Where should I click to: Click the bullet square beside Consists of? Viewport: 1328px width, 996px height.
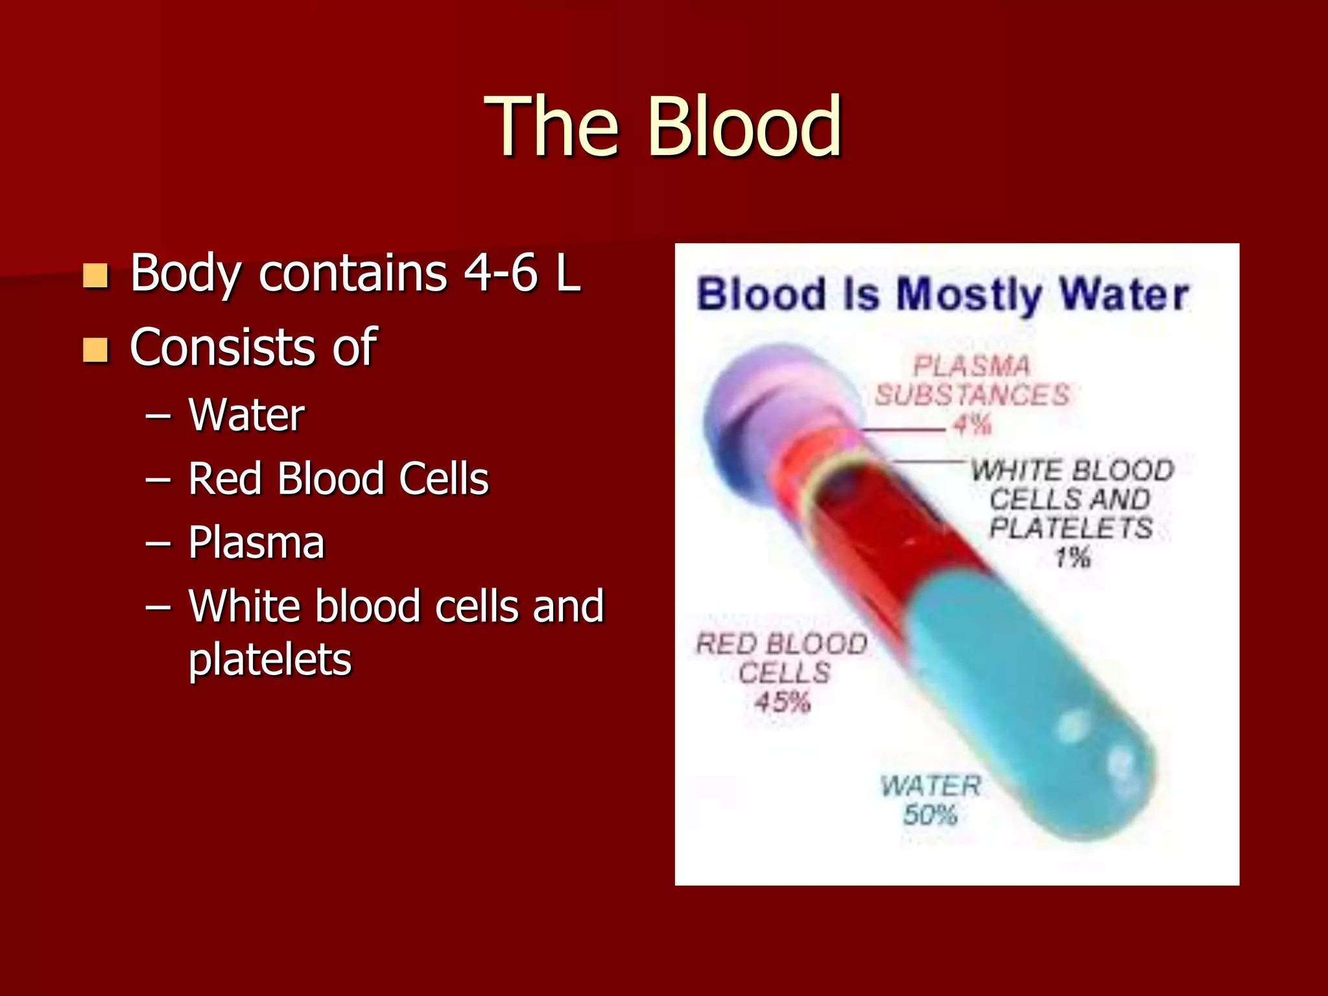point(95,350)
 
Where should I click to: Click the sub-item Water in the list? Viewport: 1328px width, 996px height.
point(246,415)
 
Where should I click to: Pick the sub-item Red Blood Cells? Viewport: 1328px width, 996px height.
point(338,479)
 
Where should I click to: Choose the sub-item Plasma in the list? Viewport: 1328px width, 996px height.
point(256,542)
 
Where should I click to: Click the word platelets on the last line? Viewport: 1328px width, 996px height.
point(270,659)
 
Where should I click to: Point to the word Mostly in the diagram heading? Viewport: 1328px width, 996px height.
point(970,295)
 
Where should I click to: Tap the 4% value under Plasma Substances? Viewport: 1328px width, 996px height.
point(972,425)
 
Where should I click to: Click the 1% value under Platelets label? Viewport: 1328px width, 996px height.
point(1072,557)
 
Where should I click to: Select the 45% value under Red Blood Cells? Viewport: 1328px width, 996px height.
point(783,702)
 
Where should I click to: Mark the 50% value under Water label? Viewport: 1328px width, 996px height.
point(930,814)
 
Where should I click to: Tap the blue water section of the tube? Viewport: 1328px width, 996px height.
point(1025,700)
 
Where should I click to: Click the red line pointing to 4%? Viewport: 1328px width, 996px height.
point(905,429)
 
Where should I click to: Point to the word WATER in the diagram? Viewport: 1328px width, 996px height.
point(930,786)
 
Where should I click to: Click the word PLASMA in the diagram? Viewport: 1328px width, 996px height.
point(971,366)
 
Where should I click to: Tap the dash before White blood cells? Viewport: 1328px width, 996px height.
point(158,607)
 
